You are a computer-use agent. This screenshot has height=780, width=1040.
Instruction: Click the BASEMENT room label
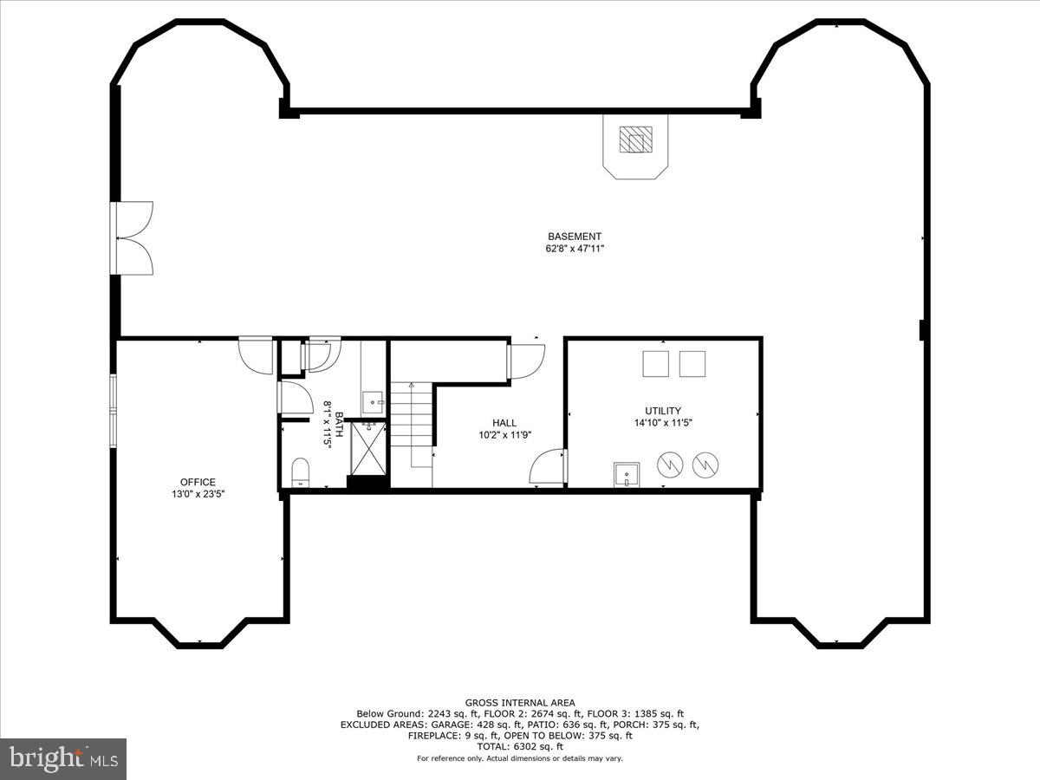(574, 237)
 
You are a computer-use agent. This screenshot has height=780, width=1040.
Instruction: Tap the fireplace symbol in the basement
(635, 140)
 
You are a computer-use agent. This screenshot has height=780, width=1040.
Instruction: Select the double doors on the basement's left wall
(133, 238)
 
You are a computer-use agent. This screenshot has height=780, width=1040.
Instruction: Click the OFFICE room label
(198, 482)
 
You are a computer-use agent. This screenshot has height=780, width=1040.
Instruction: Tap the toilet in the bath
(300, 472)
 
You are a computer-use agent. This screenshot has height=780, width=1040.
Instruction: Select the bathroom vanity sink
(373, 400)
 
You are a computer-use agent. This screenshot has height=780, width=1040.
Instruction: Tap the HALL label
(504, 423)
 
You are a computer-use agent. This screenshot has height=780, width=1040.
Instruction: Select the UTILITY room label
(662, 411)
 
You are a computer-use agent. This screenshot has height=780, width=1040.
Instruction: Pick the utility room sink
(626, 475)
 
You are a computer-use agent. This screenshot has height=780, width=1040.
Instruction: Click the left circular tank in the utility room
(669, 465)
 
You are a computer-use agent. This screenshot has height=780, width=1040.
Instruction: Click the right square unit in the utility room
(692, 364)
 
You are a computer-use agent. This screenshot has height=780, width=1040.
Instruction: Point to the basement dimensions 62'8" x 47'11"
(574, 249)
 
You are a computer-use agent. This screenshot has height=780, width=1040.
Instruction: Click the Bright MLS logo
(63, 758)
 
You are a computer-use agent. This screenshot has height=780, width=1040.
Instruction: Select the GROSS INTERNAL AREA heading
(520, 703)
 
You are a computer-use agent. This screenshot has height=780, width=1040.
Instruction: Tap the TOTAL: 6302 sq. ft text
(520, 746)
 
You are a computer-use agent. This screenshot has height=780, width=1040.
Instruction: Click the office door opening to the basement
(257, 354)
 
